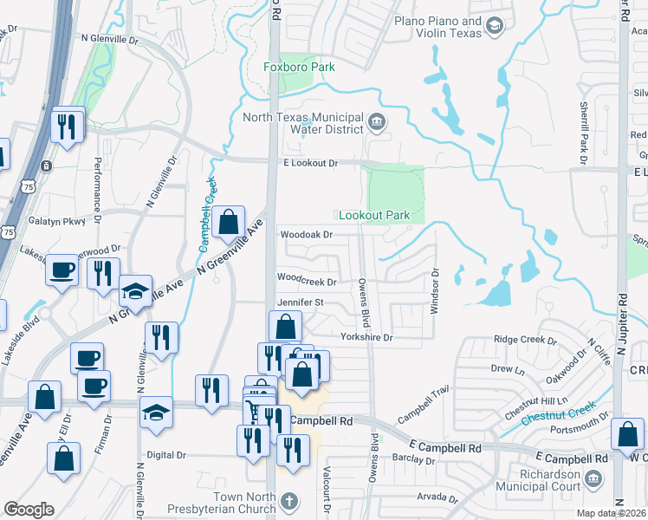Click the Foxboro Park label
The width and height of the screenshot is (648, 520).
pyautogui.click(x=299, y=67)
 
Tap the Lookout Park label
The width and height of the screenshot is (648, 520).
pyautogui.click(x=373, y=215)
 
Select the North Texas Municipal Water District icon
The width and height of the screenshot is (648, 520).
pyautogui.click(x=377, y=120)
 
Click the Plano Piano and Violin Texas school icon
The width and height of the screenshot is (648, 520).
pyautogui.click(x=495, y=27)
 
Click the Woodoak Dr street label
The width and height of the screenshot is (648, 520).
pyautogui.click(x=305, y=234)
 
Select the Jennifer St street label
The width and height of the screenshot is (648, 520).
pyautogui.click(x=299, y=302)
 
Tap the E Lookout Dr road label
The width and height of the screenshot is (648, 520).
pyautogui.click(x=309, y=163)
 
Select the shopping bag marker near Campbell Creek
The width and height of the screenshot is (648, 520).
pyautogui.click(x=228, y=222)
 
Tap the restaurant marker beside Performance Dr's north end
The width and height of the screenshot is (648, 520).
pyautogui.click(x=66, y=127)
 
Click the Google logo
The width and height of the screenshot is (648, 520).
pyautogui.click(x=29, y=510)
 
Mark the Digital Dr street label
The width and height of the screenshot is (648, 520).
pyautogui.click(x=166, y=454)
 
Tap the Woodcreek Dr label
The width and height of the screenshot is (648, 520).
pyautogui.click(x=305, y=279)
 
